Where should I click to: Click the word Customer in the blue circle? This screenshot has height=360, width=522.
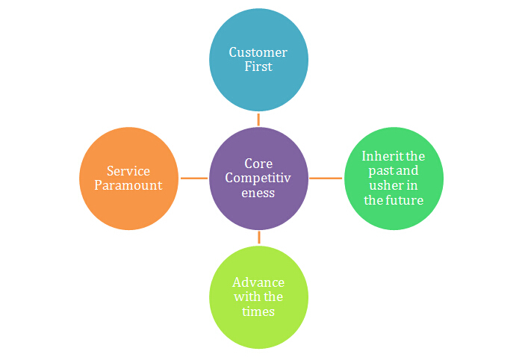[x=258, y=52]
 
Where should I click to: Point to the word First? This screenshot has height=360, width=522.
[x=258, y=66]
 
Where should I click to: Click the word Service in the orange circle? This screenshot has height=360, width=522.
[x=128, y=171]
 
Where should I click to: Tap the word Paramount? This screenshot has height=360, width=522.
[x=128, y=185]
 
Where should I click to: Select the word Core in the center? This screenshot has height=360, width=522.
[x=259, y=164]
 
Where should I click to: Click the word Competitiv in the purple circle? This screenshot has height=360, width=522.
[x=259, y=178]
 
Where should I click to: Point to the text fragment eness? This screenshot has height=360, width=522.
[x=259, y=193]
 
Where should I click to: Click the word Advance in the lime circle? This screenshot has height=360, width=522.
[x=258, y=282]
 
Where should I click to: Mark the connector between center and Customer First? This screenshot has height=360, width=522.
[x=258, y=119]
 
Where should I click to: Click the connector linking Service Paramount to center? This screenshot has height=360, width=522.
[x=194, y=178]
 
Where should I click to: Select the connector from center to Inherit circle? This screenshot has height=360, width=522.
[x=325, y=178]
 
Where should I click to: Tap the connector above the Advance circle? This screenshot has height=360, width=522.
[x=259, y=238]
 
